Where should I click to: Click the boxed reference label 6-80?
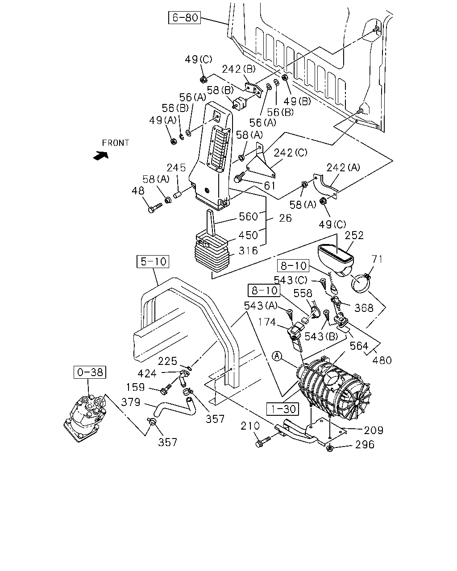tap(184, 17)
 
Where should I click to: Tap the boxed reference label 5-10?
tap(153, 261)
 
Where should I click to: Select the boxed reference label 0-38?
tap(90, 372)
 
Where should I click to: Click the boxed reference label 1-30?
tap(283, 409)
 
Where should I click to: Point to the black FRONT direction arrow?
tap(101, 156)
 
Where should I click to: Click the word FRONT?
tap(116, 143)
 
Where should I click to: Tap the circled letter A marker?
tap(277, 356)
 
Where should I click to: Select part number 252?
tap(354, 236)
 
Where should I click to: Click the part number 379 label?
tap(131, 402)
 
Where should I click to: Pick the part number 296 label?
tap(365, 444)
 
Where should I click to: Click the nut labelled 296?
tap(329, 448)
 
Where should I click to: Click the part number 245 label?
tap(176, 168)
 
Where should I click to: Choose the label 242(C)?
tap(290, 153)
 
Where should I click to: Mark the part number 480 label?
tap(382, 360)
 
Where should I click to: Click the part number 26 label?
tap(285, 218)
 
